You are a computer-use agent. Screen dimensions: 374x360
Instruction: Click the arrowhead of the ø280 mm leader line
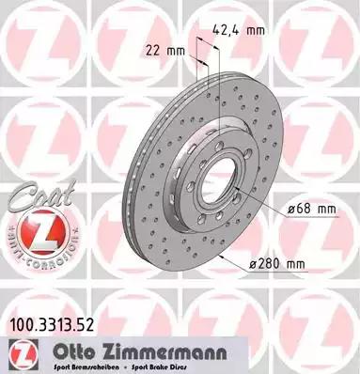pos(219,254)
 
